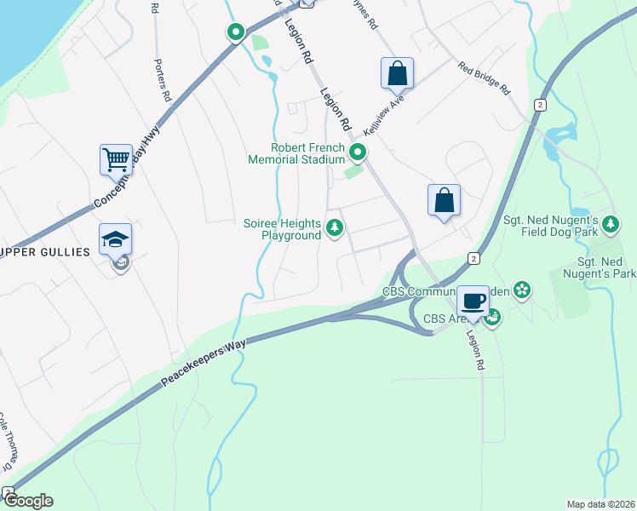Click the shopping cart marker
click(116, 158)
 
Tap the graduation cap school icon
click(116, 239)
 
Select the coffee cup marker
click(473, 301)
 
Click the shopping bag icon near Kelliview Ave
click(397, 73)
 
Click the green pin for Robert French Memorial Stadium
click(359, 153)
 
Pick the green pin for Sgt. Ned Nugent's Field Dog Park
click(610, 225)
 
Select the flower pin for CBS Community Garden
click(523, 292)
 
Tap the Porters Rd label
click(163, 82)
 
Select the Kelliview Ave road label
click(382, 116)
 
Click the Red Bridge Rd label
click(483, 78)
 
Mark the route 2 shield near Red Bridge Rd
click(540, 104)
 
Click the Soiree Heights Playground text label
click(282, 229)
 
